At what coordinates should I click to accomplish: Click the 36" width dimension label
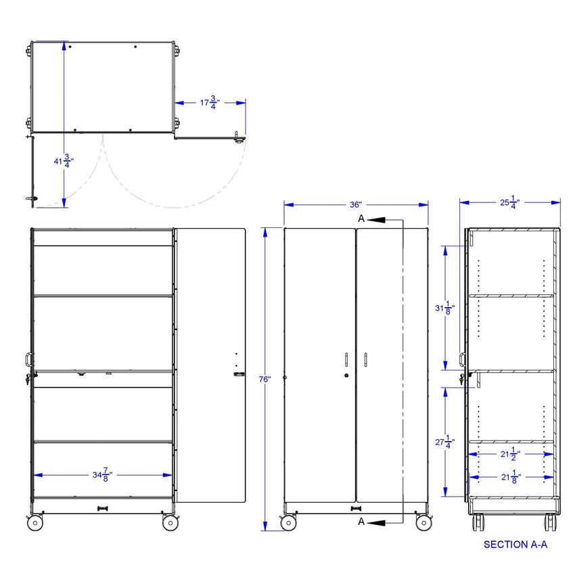[356, 204]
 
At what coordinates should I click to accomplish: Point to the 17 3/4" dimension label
[210, 103]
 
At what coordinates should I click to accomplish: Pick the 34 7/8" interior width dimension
[102, 475]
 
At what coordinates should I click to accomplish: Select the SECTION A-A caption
[515, 544]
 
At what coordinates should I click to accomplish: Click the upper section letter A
[361, 218]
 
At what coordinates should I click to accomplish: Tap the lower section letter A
[361, 521]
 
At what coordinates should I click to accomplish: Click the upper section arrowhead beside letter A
[377, 219]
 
